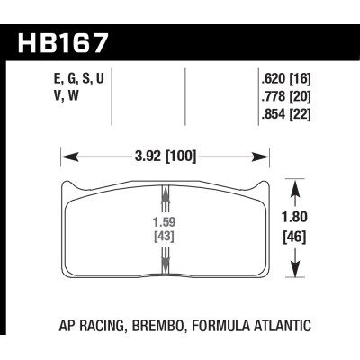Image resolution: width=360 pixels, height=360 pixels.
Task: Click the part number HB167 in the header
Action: pos(63,42)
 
